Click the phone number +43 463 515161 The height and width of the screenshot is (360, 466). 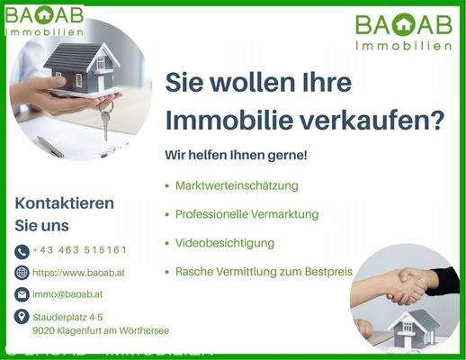(79, 250)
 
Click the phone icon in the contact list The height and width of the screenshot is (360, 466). (22, 251)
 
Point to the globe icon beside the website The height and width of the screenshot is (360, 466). (22, 273)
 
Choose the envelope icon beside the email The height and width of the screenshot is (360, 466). (22, 294)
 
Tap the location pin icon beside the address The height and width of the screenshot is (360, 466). (22, 316)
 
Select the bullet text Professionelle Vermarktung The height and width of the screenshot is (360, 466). (248, 214)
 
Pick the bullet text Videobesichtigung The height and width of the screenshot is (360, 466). (225, 243)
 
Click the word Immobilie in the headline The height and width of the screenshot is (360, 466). (229, 119)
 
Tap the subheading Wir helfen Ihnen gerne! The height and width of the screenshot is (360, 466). (236, 155)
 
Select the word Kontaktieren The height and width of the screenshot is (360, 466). (65, 202)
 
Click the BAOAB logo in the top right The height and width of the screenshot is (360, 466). (402, 31)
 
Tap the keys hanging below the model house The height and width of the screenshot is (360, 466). (105, 120)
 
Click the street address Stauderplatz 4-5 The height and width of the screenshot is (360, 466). (67, 317)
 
